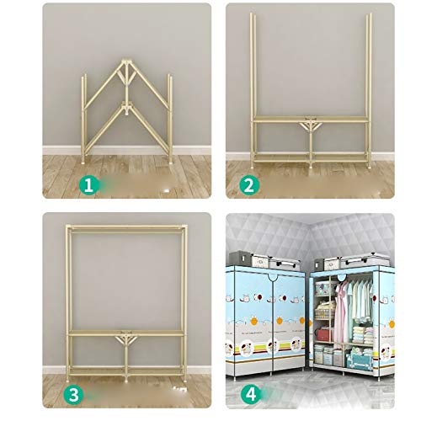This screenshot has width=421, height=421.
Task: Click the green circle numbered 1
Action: pyautogui.click(x=88, y=185)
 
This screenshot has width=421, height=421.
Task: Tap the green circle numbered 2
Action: pyautogui.click(x=249, y=185)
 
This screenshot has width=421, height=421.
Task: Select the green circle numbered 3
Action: pyautogui.click(x=74, y=394)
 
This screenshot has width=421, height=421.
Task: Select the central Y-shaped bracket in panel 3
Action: pyautogui.click(x=126, y=338)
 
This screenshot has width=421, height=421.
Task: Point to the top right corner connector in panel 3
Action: pyautogui.click(x=184, y=227)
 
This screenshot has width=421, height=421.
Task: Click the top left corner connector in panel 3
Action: pyautogui.click(x=68, y=227)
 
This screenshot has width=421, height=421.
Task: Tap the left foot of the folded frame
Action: pyautogui.click(x=83, y=162)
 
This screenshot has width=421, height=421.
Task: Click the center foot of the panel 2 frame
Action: pyautogui.click(x=311, y=166)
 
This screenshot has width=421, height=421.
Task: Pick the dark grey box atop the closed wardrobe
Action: pyautogui.click(x=241, y=258)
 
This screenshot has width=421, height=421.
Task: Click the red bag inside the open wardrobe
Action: pyautogui.click(x=323, y=335)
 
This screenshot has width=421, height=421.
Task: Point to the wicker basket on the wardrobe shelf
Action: pyautogui.click(x=325, y=312)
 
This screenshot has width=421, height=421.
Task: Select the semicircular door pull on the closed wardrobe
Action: pyautogui.click(x=273, y=278)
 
